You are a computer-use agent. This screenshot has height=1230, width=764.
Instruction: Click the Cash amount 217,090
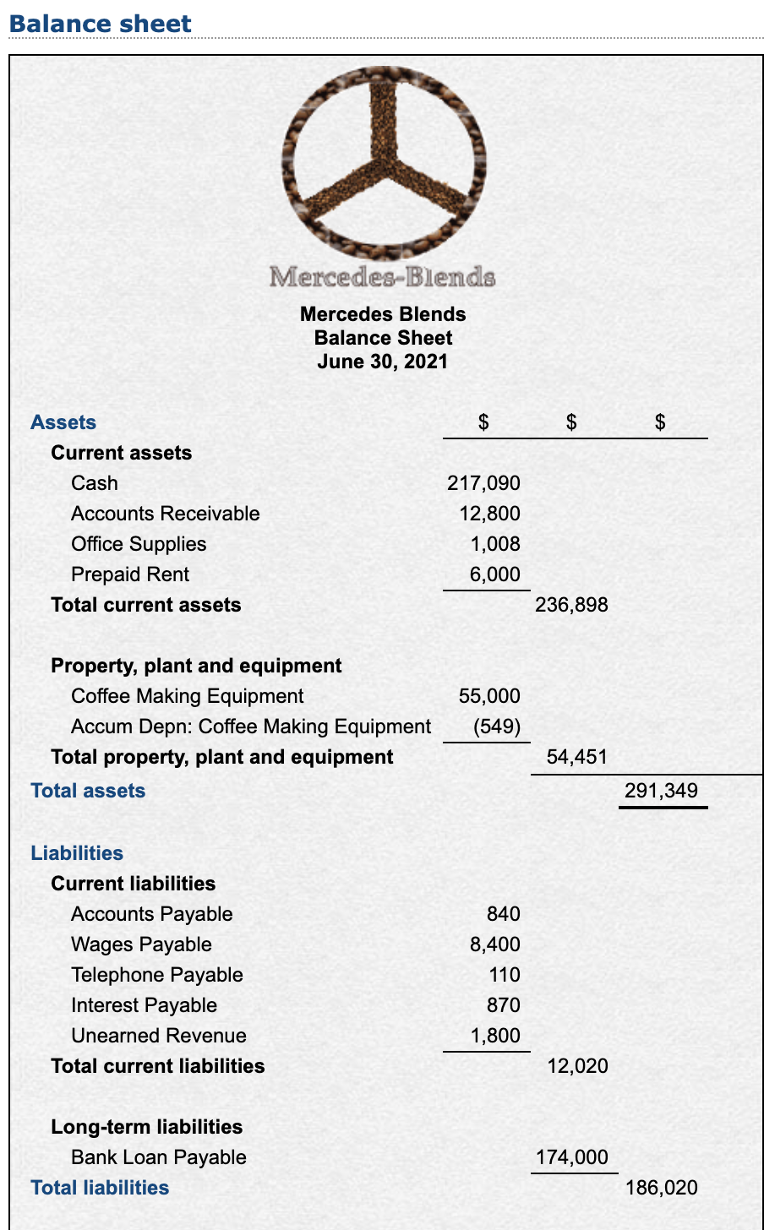point(483,483)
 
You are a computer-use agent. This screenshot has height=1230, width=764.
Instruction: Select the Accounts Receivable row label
point(166,514)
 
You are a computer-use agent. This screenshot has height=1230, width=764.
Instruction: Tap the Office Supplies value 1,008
point(495,544)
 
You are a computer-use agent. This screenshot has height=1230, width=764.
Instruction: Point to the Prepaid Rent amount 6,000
point(495,574)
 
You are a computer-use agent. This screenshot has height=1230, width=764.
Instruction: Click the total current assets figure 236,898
point(571,605)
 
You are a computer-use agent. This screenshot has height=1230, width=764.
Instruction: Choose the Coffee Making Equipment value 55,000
point(489,696)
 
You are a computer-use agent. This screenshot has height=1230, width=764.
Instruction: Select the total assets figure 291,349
point(661,791)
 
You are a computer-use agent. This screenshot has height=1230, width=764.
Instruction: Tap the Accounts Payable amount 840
point(504,914)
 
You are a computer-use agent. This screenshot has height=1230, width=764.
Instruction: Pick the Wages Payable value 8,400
point(495,944)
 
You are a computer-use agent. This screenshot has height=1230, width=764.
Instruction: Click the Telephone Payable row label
point(157,975)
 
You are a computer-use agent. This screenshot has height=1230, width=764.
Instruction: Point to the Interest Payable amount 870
point(504,1005)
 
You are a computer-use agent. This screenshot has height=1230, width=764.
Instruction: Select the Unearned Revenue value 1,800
point(495,1036)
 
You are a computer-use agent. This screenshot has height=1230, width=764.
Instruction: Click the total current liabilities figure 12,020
point(577,1066)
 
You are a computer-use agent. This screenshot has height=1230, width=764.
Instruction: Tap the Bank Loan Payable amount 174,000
point(571,1157)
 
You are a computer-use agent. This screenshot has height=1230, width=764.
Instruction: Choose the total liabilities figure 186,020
point(661,1188)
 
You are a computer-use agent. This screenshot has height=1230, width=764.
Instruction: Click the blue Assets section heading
point(63,422)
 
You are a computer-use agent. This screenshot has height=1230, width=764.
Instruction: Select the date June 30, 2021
point(383,362)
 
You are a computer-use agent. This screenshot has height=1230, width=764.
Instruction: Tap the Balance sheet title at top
point(101,24)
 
